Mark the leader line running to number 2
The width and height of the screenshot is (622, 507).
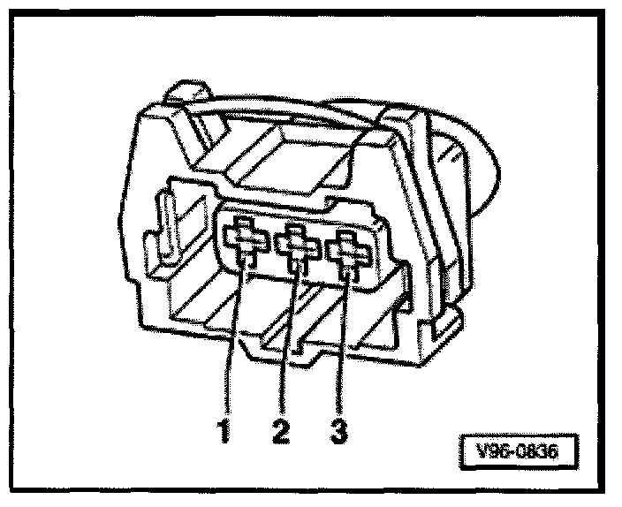point(287,344)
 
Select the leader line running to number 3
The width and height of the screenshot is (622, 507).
point(343,344)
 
